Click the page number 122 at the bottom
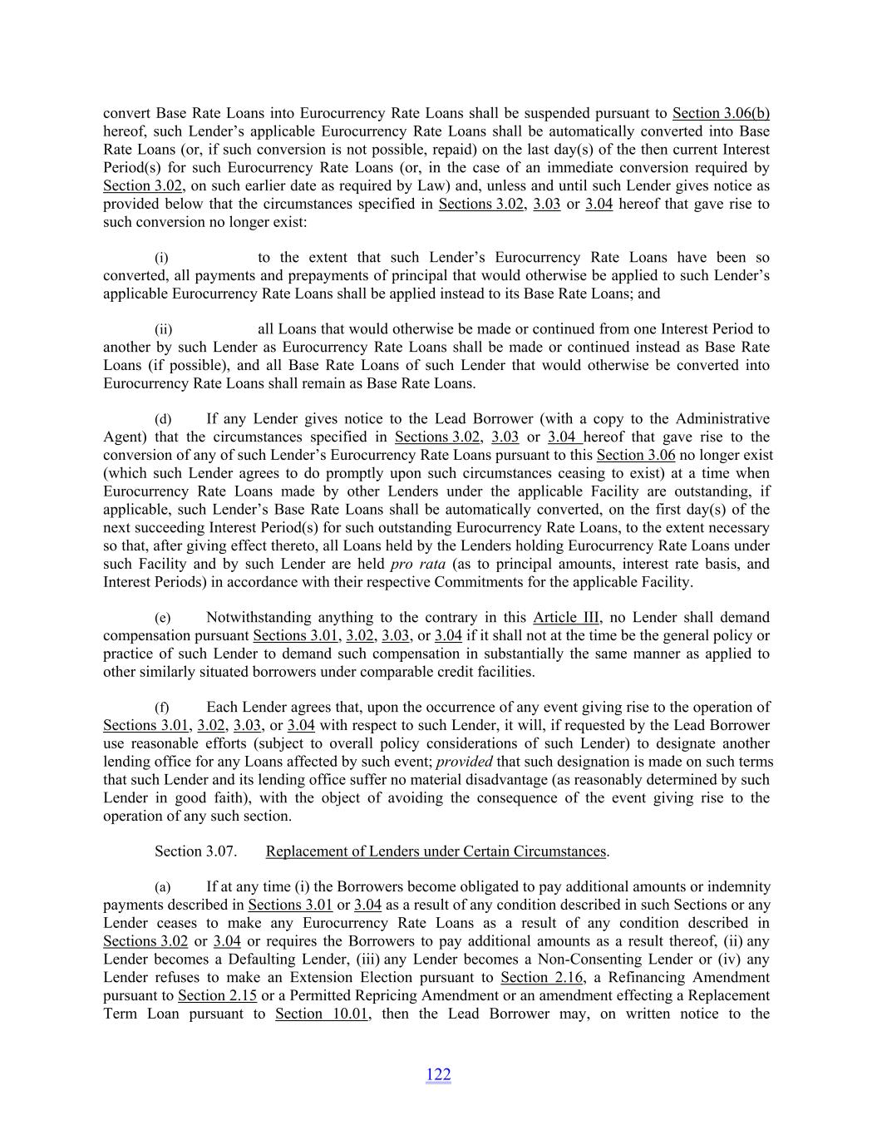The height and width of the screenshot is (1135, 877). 438,1074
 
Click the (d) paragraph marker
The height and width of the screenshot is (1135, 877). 163,419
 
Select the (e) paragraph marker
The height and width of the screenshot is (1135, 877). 163,618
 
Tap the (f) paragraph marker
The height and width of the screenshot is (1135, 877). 163,708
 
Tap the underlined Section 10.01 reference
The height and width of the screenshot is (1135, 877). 322,1014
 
